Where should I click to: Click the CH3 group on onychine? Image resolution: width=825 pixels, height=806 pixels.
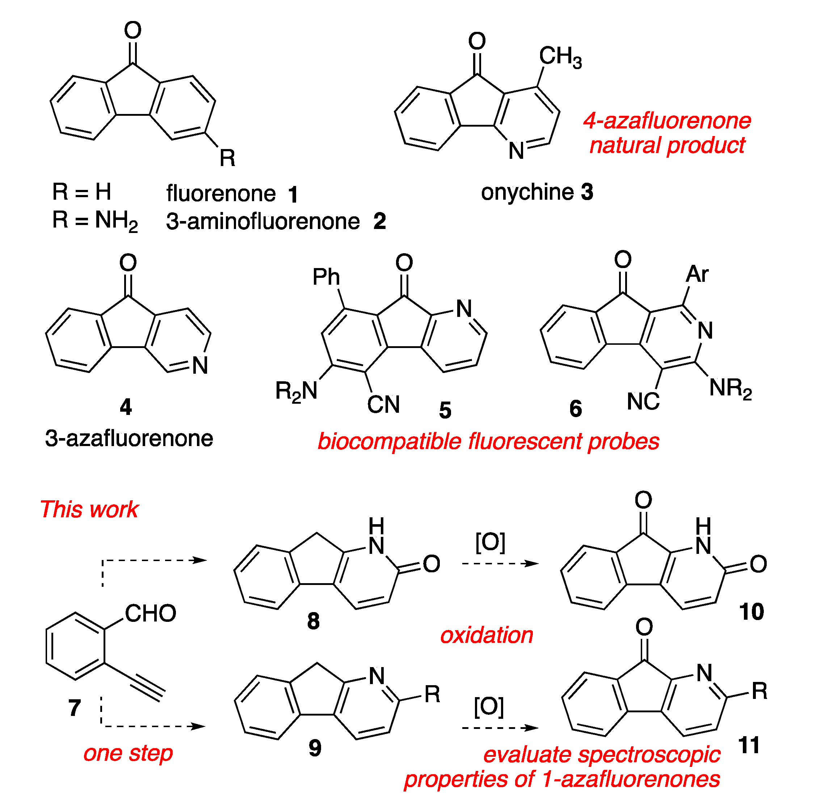pos(560,57)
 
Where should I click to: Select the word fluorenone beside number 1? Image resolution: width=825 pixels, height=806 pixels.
pos(221,194)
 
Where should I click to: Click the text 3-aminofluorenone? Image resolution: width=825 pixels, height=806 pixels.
pos(262,221)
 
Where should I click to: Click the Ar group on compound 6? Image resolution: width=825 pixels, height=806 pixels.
pos(697,274)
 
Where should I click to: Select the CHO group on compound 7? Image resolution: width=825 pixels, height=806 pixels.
pos(150,614)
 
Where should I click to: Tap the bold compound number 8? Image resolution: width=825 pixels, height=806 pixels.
pos(313,621)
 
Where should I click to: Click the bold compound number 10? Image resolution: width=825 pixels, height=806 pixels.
pos(751,612)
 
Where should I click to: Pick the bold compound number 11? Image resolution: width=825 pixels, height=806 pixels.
pos(748,745)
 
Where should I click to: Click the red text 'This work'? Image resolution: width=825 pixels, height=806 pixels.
pos(89,509)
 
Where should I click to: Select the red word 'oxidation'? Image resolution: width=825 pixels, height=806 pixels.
pos(487,635)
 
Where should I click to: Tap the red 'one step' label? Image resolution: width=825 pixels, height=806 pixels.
pos(128,753)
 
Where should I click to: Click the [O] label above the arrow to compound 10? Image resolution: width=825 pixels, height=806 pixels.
pos(490,542)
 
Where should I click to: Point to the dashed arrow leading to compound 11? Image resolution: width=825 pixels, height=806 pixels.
pos(500,728)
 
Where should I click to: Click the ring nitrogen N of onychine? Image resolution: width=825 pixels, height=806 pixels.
pos(516,151)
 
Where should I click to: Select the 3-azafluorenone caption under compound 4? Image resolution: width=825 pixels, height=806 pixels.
pos(129,438)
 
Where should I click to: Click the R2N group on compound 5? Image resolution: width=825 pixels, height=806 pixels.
pos(296,391)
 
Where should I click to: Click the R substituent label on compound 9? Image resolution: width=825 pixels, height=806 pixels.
pos(432,694)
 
